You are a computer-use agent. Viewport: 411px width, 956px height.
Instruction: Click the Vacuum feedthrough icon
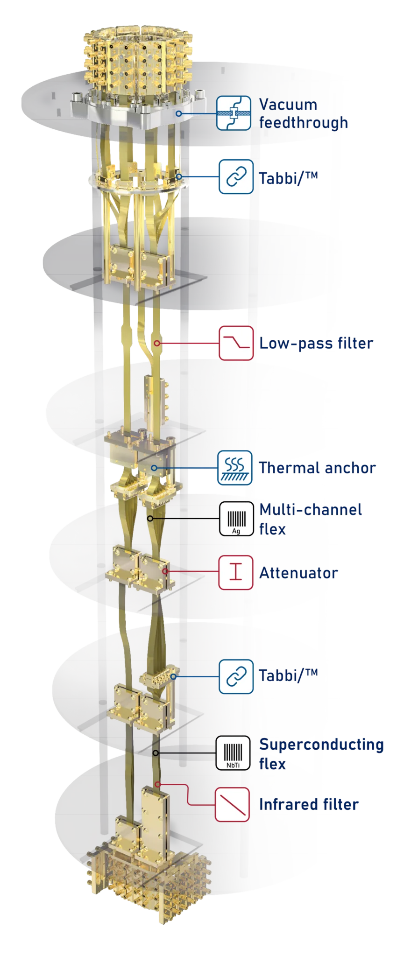[x=234, y=113]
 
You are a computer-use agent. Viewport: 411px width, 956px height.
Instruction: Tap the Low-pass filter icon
[x=236, y=343]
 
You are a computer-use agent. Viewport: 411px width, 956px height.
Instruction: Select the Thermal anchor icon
[x=235, y=468]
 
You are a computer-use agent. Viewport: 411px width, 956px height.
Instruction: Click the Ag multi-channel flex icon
[x=236, y=519]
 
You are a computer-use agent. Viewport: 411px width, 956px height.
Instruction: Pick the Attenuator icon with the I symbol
[x=236, y=572]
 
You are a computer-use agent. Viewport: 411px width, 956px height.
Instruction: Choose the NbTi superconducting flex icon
[x=233, y=752]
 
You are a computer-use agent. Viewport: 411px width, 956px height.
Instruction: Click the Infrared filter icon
[x=232, y=804]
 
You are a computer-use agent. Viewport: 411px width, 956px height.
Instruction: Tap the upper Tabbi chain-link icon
[x=236, y=176]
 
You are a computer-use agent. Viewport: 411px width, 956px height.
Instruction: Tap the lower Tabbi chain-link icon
[x=236, y=676]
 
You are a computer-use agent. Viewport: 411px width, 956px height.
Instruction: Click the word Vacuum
[x=288, y=105]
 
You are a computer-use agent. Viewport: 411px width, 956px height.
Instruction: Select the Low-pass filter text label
[x=316, y=343]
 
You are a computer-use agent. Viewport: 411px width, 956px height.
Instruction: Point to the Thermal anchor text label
[x=317, y=468]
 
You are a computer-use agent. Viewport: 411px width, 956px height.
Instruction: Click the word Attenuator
[x=298, y=573]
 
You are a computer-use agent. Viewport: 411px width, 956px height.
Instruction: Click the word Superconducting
[x=321, y=745]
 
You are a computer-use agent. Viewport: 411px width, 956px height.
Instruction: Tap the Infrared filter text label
[x=309, y=804]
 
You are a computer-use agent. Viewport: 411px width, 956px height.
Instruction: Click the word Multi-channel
[x=311, y=509]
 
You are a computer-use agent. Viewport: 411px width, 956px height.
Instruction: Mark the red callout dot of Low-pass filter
[x=157, y=343]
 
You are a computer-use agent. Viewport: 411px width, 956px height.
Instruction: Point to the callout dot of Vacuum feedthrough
[x=178, y=113]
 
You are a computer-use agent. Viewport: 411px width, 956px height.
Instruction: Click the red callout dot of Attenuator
[x=165, y=571]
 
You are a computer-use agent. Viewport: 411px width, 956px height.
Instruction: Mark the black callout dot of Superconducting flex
[x=156, y=753]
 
